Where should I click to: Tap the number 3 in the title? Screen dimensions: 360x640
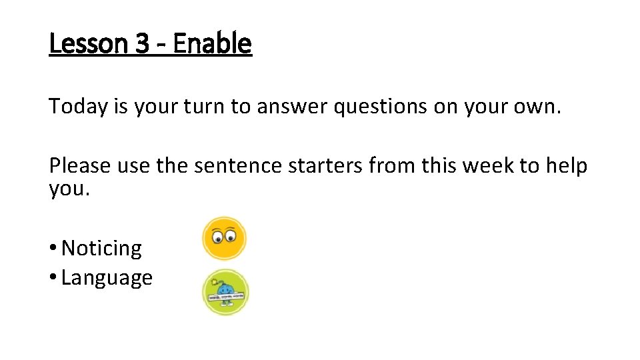pos(142,44)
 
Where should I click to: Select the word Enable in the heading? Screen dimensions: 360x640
pos(213,44)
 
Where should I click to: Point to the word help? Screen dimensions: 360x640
pos(567,165)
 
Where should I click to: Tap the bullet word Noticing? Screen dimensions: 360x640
pos(101,249)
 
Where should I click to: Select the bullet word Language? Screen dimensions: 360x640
pos(107,278)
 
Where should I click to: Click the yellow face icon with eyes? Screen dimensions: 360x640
pos(225,238)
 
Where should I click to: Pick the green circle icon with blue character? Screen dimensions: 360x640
pos(225,292)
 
